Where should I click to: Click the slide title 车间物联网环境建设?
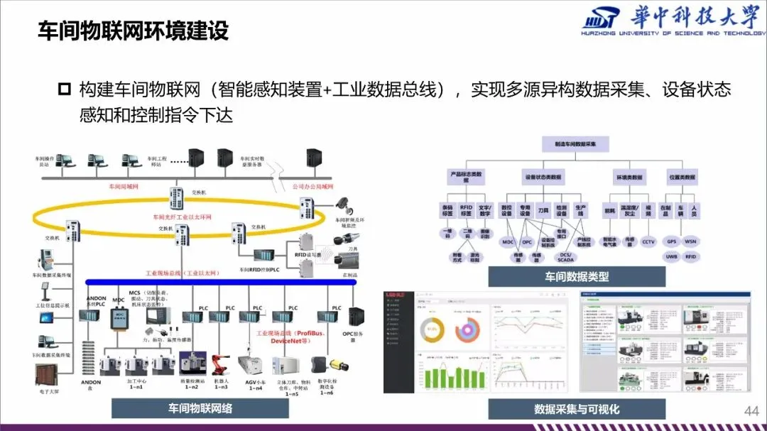[132, 32]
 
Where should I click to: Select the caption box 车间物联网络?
[200, 408]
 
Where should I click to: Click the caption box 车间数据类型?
[577, 277]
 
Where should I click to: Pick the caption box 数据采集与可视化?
[577, 409]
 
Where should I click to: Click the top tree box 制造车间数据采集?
[576, 143]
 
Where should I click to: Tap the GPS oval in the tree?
[671, 241]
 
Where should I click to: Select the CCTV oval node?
[648, 241]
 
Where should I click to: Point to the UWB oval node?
[671, 257]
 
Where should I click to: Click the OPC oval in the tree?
[527, 242]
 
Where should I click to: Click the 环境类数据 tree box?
[629, 177]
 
